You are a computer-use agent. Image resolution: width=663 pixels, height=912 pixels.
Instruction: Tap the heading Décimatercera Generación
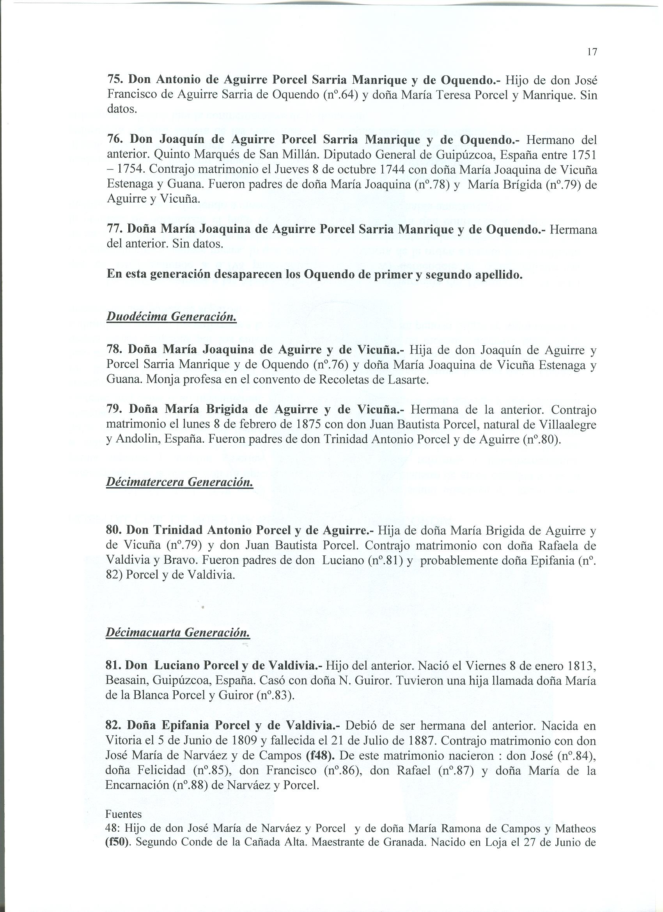coord(179,482)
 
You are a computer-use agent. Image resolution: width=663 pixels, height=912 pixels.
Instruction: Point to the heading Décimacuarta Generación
coord(177,633)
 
